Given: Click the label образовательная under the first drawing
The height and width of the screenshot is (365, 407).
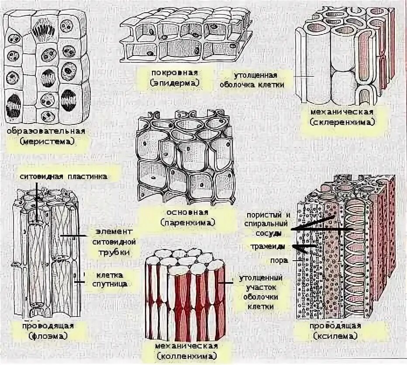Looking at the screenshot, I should coord(46,131).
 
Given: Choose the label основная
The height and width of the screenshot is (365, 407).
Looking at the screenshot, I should coord(187,213).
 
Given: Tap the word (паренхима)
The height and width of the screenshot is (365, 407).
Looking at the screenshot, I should coord(187,223).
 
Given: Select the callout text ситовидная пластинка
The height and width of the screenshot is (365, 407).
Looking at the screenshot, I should coord(64,176).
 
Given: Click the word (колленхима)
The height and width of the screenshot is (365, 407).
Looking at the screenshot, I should coord(186,356).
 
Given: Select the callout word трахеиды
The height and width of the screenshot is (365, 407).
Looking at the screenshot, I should coord(268,247).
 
